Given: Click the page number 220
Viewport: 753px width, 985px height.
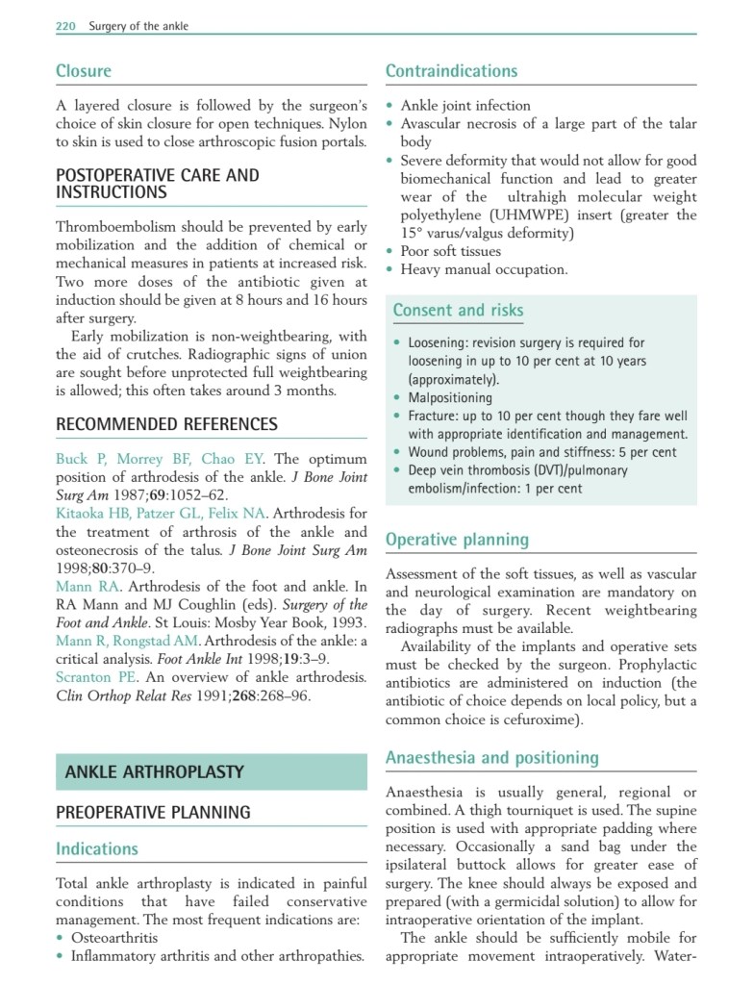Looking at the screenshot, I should (x=65, y=26).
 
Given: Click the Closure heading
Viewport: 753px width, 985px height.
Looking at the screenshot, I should (x=84, y=71).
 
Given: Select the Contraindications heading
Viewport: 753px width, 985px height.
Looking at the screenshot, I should (x=451, y=71).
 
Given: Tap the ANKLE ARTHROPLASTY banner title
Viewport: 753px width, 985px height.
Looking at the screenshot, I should (x=154, y=771).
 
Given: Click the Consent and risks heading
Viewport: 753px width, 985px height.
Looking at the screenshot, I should (x=458, y=310).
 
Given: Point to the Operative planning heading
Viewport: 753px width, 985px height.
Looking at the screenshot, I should (x=457, y=540).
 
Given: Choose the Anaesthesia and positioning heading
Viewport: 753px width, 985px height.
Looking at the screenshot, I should (x=491, y=758).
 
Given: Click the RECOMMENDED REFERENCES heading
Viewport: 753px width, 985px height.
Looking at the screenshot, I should (x=166, y=424).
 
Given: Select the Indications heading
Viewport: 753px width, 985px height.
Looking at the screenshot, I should (x=97, y=848).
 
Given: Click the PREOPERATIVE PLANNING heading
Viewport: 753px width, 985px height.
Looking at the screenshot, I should (x=153, y=813).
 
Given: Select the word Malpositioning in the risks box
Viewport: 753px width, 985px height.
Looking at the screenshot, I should (x=450, y=397).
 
